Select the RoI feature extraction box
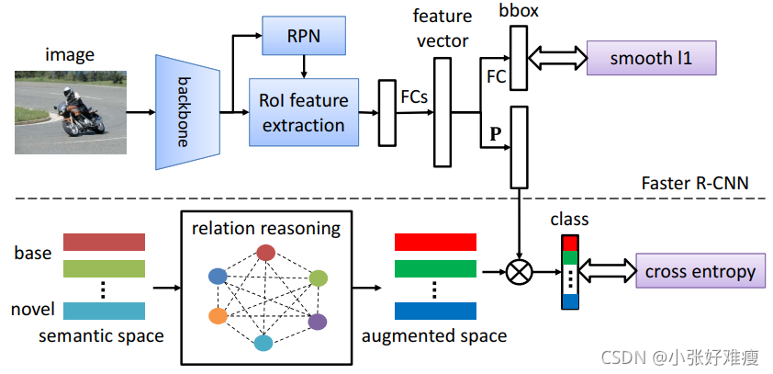303,112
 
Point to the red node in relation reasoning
265,253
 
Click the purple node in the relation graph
317,321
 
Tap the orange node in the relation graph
217,316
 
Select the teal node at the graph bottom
263,343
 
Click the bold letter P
495,133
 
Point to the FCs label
415,95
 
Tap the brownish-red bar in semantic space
105,242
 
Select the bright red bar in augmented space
435,241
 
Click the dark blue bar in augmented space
435,311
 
